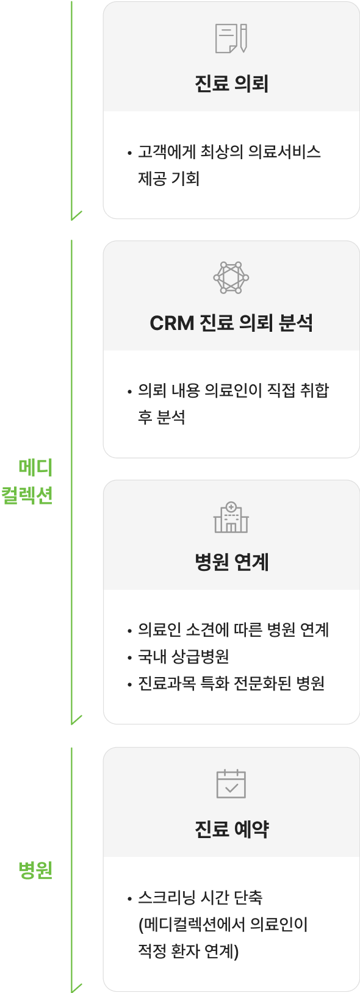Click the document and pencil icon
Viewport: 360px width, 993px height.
click(x=231, y=38)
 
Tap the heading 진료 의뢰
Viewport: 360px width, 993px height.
click(x=231, y=84)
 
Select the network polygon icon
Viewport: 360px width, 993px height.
click(x=231, y=278)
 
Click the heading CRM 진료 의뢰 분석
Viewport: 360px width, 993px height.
click(x=231, y=323)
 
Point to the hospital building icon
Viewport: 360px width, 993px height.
click(x=231, y=517)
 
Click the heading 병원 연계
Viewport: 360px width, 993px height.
click(x=231, y=562)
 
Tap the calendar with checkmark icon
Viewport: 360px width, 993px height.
click(x=231, y=784)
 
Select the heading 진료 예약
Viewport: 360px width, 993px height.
click(x=231, y=829)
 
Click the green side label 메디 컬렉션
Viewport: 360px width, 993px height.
click(x=27, y=481)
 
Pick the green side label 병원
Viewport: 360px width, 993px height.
click(x=35, y=870)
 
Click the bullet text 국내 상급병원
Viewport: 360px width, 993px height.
click(x=184, y=656)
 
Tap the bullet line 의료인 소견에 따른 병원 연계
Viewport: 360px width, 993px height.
click(x=233, y=629)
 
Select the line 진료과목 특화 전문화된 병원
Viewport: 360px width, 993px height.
click(x=231, y=683)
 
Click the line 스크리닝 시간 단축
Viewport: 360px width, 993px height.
click(x=200, y=898)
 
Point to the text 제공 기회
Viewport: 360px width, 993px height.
click(x=168, y=179)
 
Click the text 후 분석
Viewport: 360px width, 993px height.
click(x=161, y=417)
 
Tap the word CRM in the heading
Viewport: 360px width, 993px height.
click(x=172, y=323)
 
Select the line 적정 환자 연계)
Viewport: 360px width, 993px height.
click(x=189, y=952)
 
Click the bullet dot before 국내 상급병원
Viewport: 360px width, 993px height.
click(x=129, y=658)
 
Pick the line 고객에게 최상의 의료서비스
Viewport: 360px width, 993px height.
click(x=229, y=152)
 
